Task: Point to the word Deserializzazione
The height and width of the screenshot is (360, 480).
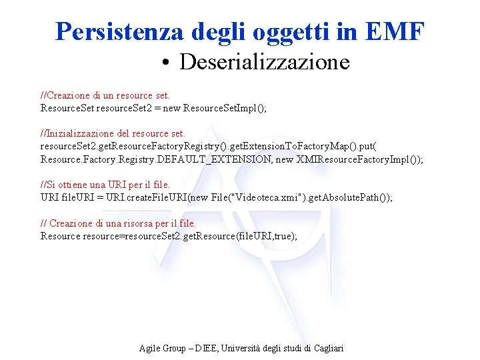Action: click(x=264, y=62)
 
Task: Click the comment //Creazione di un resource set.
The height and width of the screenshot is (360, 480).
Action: click(x=105, y=95)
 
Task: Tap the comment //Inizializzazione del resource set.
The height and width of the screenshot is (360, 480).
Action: click(x=113, y=133)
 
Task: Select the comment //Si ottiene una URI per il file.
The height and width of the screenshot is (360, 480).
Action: click(x=105, y=185)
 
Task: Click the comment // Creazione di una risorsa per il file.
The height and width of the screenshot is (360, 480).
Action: click(x=118, y=223)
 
